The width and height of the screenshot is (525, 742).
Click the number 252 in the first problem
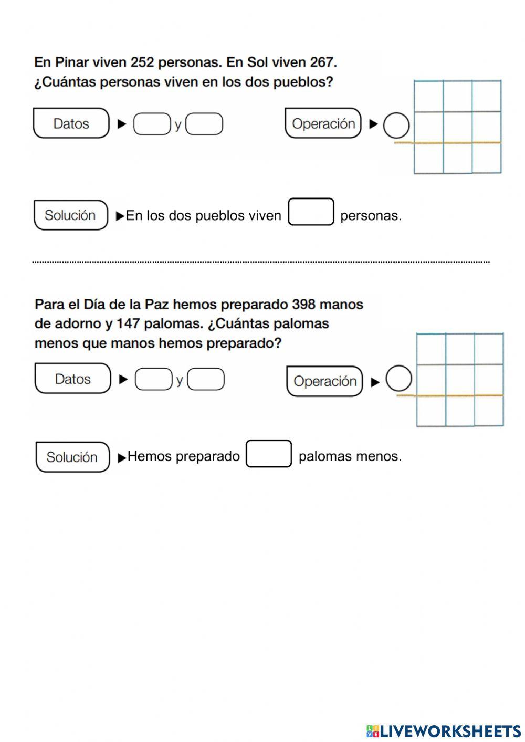(142, 62)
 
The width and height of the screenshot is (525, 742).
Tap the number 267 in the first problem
(322, 62)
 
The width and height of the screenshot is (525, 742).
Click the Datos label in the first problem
(71, 124)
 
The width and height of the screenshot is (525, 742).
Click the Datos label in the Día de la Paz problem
(73, 379)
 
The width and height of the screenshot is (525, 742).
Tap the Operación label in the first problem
(323, 124)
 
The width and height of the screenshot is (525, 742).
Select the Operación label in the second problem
(325, 381)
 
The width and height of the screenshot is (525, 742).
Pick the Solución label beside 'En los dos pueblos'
(70, 215)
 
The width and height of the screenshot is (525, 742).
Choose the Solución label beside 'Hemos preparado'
(72, 457)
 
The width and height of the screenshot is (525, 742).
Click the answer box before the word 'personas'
(311, 212)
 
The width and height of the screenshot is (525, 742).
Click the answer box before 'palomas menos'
(269, 454)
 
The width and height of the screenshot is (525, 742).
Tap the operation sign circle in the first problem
(396, 126)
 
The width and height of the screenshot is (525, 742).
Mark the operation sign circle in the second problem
(398, 379)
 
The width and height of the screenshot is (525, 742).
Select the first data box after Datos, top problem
(152, 124)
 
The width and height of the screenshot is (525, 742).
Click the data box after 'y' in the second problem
(206, 379)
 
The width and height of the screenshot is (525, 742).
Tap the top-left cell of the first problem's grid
(429, 96)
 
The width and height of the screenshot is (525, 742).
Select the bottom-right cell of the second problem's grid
(489, 411)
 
